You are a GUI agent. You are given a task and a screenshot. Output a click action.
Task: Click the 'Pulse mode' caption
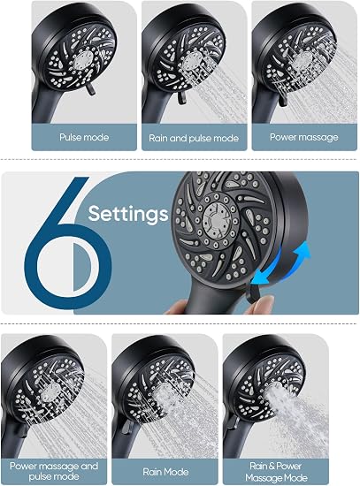[84, 137]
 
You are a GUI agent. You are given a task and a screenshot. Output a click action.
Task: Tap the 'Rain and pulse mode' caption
[194, 138]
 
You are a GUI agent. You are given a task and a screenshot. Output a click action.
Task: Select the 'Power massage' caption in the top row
[303, 137]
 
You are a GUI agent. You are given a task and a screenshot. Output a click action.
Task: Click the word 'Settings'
[128, 214]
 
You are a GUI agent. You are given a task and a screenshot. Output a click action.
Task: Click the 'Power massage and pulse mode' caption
[54, 471]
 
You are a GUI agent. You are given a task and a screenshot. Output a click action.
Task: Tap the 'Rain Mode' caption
[165, 472]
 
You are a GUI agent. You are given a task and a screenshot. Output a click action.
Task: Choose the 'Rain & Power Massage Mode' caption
[276, 472]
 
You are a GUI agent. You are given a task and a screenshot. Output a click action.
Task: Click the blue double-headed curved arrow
[282, 266]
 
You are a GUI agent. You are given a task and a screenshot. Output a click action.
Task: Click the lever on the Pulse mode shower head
[91, 89]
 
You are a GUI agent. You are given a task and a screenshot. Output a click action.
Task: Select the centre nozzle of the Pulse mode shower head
[83, 60]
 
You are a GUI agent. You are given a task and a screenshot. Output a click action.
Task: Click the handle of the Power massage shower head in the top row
[264, 105]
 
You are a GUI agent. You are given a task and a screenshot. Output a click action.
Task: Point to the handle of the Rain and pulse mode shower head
[155, 107]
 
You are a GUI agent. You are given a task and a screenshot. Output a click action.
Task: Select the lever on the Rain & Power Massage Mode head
[233, 422]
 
